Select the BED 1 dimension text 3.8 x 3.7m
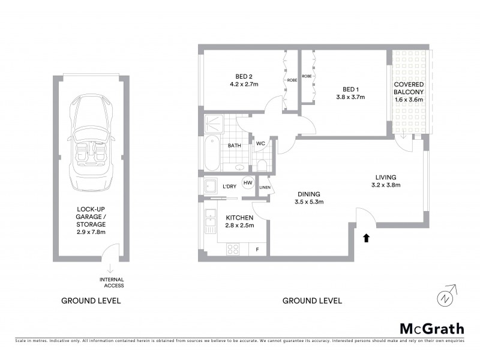pyautogui.click(x=350, y=97)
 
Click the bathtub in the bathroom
pyautogui.click(x=209, y=154)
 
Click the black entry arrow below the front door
pyautogui.click(x=365, y=238)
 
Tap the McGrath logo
pyautogui.click(x=431, y=328)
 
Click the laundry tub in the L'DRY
pyautogui.click(x=211, y=186)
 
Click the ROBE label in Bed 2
pyautogui.click(x=292, y=80)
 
